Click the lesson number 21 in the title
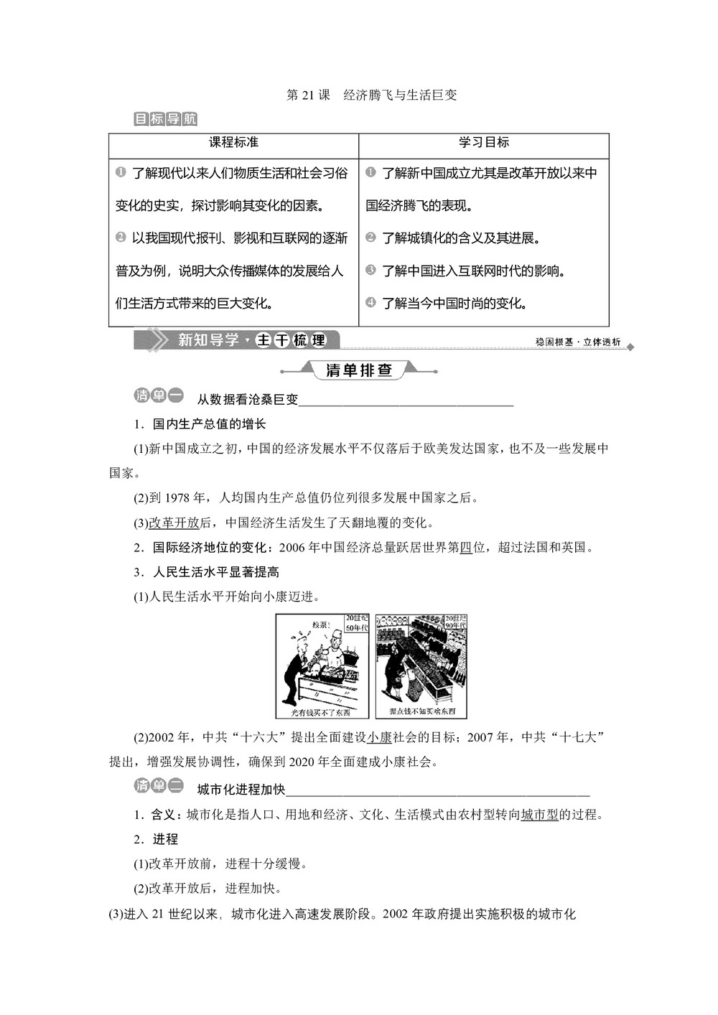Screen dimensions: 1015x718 click(x=309, y=95)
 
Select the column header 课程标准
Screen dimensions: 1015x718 click(x=233, y=143)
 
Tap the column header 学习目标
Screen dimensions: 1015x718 click(x=484, y=143)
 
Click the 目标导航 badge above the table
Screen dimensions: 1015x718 click(x=165, y=119)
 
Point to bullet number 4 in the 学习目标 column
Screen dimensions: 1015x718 click(x=370, y=302)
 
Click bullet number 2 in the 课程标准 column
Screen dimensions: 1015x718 click(x=121, y=237)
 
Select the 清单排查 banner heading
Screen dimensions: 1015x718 click(x=359, y=370)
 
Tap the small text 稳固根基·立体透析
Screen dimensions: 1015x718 click(x=578, y=342)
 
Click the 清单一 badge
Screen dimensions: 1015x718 click(x=159, y=396)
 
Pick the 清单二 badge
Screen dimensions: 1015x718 click(x=159, y=786)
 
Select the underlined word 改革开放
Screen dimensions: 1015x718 click(x=173, y=523)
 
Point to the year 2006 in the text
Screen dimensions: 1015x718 click(x=292, y=548)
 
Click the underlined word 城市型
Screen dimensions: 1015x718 click(x=539, y=815)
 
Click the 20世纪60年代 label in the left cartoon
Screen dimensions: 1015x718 click(x=356, y=623)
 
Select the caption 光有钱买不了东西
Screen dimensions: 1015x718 click(x=321, y=712)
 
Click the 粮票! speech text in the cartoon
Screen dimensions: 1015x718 click(x=320, y=625)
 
